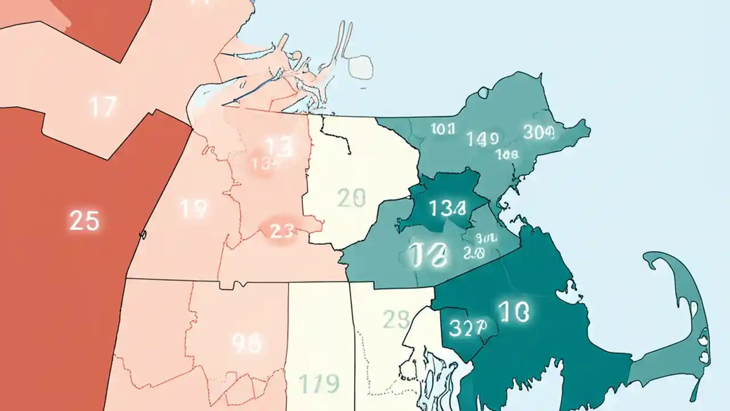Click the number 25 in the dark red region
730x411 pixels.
(84, 220)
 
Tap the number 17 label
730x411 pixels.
(103, 107)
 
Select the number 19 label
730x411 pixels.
(193, 209)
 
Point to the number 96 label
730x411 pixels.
(247, 343)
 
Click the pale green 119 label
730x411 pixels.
(319, 382)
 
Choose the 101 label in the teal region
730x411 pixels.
(443, 129)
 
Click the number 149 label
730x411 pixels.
(482, 138)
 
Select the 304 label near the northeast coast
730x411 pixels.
(539, 132)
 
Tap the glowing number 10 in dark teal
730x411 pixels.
(513, 312)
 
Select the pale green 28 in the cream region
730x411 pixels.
(396, 320)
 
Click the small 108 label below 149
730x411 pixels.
(506, 154)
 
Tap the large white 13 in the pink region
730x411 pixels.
(279, 147)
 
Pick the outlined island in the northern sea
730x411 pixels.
(362, 67)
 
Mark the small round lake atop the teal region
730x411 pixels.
(484, 92)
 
